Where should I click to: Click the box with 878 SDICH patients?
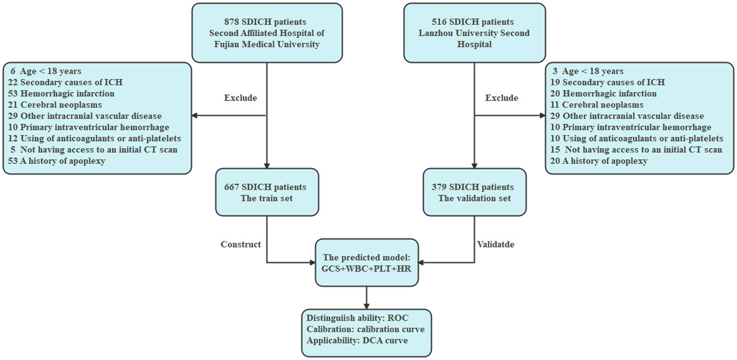click(266, 33)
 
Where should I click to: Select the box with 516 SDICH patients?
click(474, 33)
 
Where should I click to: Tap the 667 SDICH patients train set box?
click(266, 192)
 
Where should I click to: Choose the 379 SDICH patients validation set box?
click(474, 192)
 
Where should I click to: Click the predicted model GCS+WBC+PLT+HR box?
click(366, 263)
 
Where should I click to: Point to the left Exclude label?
click(241, 98)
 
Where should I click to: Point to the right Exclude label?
click(502, 98)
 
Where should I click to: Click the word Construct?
click(241, 244)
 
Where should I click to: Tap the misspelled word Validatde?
click(495, 244)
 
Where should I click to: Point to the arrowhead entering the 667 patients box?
click(266, 165)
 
